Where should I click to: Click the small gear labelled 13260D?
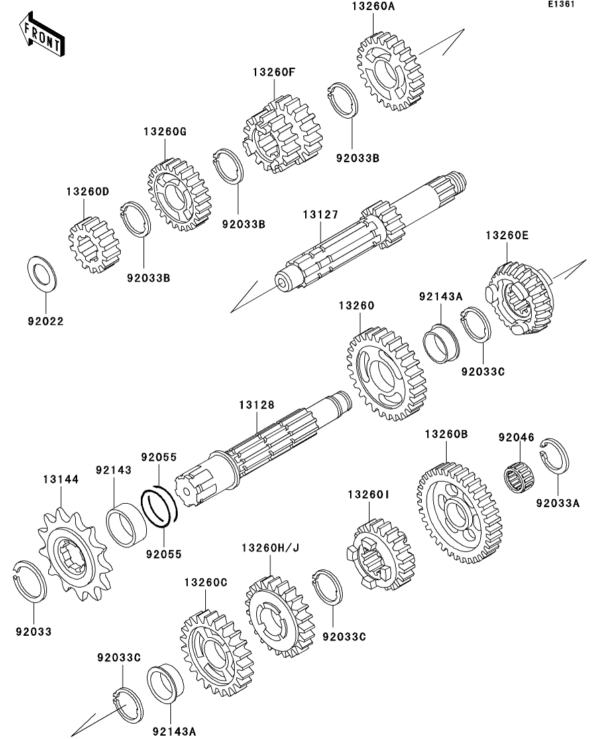click(93, 245)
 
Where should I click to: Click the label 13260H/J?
click(270, 548)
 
